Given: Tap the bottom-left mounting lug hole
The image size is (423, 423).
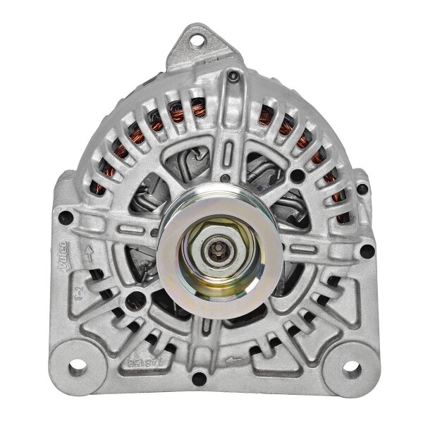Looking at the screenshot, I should pyautogui.click(x=77, y=367).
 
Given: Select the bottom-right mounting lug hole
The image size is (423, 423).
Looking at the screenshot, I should pyautogui.click(x=350, y=369).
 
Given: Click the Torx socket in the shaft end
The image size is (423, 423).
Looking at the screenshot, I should pyautogui.click(x=212, y=250).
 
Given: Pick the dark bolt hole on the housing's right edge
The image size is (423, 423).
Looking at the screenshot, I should pyautogui.click(x=366, y=249).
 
